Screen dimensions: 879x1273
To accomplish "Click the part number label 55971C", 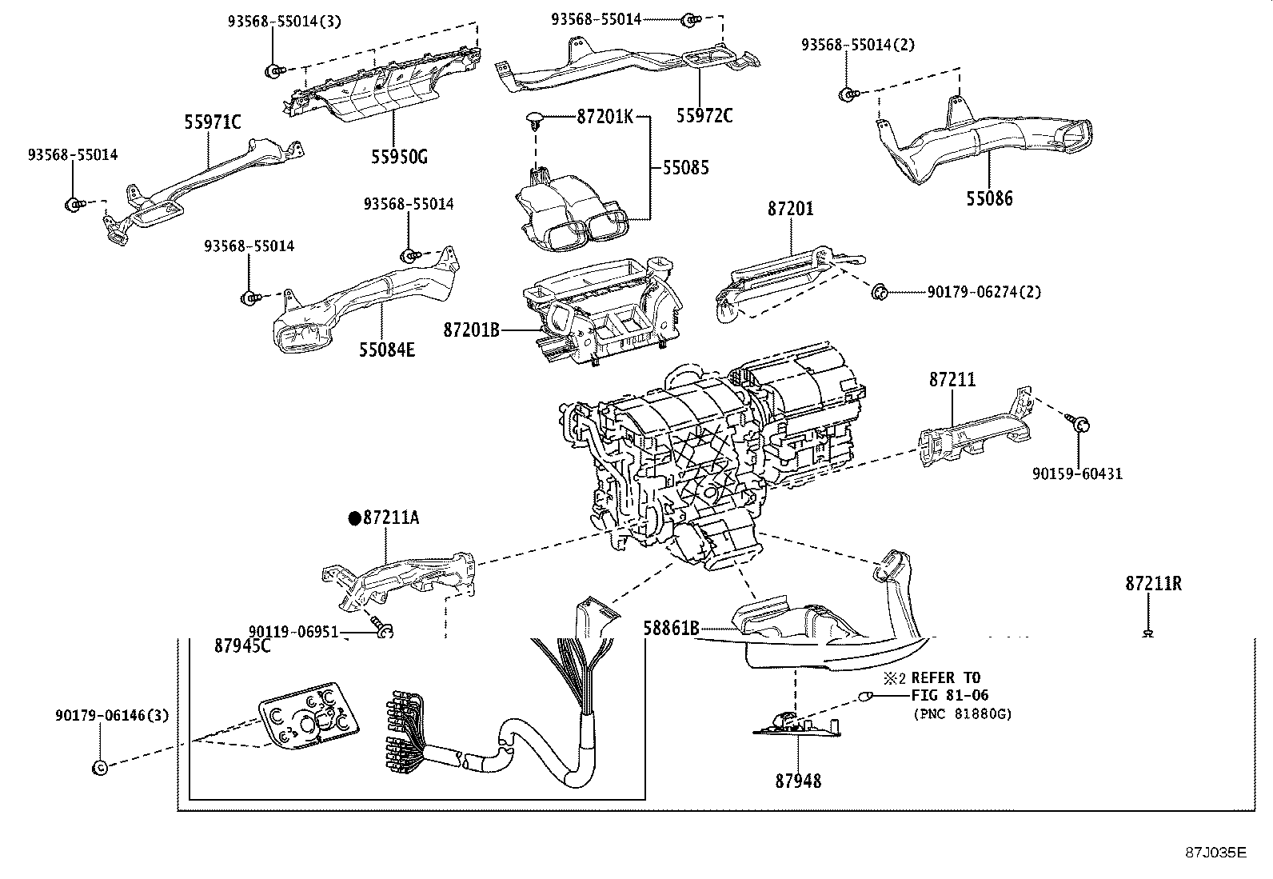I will pos(212,122).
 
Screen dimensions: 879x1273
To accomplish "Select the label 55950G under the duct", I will pos(398,156).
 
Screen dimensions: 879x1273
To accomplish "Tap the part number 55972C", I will pos(704,115).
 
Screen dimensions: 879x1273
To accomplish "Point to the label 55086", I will pos(988,198).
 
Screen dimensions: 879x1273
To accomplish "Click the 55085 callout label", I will pos(685,168).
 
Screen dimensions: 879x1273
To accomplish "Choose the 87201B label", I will pos(472,329).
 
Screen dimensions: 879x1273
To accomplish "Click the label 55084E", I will pos(387,350).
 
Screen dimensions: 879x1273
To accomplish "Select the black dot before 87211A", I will pos(354,518).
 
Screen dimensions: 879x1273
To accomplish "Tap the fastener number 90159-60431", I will pos(1076,473).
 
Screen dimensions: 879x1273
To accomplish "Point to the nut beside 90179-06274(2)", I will pos(879,291).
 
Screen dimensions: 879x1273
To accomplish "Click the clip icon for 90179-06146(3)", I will pos(100,767).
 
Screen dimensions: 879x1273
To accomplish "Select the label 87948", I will pos(797,780).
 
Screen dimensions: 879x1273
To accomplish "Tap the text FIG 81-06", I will pos(950,695).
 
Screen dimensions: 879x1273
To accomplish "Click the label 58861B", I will pos(672,629).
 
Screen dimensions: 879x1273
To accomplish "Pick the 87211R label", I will pos(1153,584).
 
